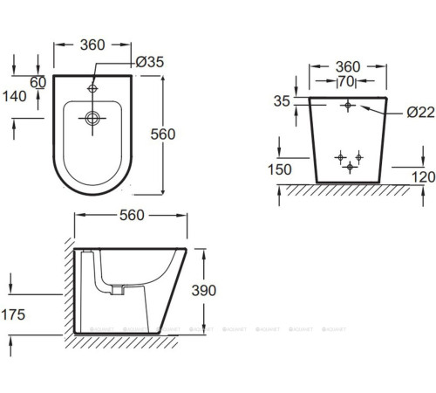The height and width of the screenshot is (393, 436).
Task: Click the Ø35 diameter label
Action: (x=149, y=62)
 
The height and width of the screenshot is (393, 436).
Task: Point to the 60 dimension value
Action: (x=37, y=82)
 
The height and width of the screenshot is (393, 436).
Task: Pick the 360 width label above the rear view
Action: (x=349, y=66)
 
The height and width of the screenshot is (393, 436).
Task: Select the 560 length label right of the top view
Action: (x=187, y=134)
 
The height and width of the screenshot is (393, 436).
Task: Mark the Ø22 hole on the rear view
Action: (x=348, y=105)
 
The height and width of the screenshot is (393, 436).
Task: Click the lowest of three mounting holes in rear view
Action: (x=349, y=166)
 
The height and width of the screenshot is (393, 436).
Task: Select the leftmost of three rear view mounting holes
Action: (x=340, y=156)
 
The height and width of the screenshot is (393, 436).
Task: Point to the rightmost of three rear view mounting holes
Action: (x=358, y=156)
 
